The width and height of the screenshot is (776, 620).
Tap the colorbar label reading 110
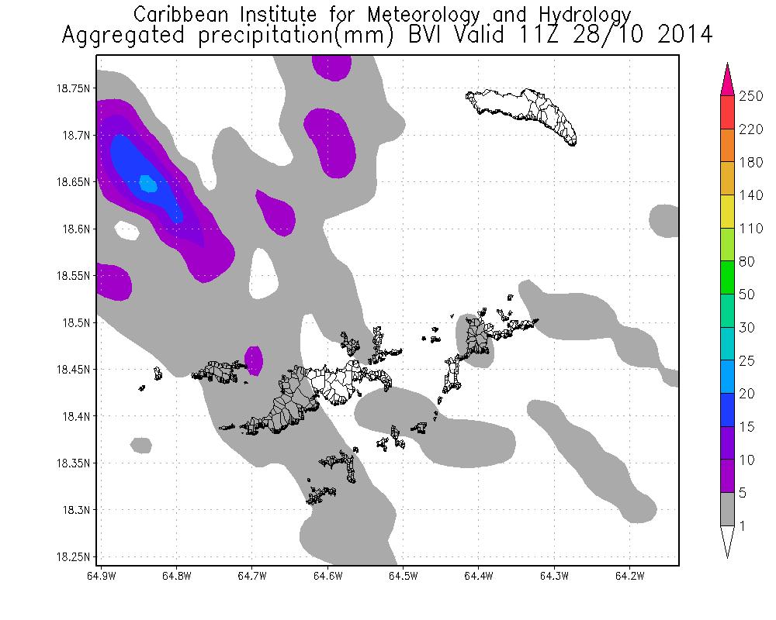[x=751, y=229]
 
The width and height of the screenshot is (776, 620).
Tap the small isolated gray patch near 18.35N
[x=141, y=445]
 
